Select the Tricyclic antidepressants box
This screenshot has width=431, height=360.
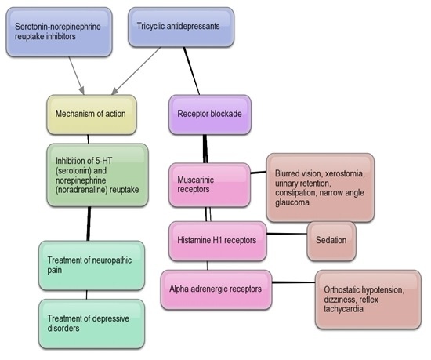point(179,26)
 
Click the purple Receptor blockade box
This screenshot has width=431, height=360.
point(210,114)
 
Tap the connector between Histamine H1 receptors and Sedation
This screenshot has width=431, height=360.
point(286,234)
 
